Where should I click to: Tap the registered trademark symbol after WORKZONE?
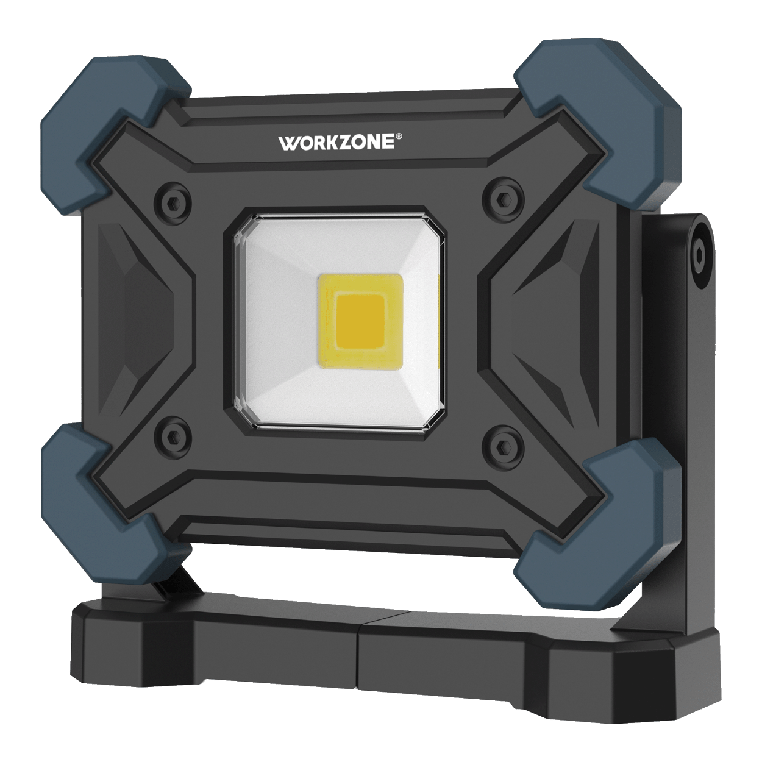(399, 136)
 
